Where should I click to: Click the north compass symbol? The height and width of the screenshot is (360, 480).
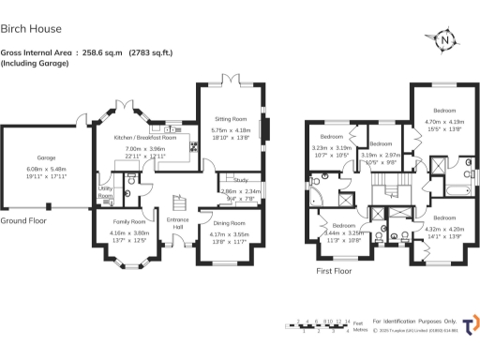(446, 39)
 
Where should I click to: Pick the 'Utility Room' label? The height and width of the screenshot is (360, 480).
(105, 192)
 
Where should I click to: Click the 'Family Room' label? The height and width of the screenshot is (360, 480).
(128, 221)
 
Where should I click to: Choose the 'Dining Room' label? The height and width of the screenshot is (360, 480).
(230, 223)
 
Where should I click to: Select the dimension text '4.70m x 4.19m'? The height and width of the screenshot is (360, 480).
(444, 121)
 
